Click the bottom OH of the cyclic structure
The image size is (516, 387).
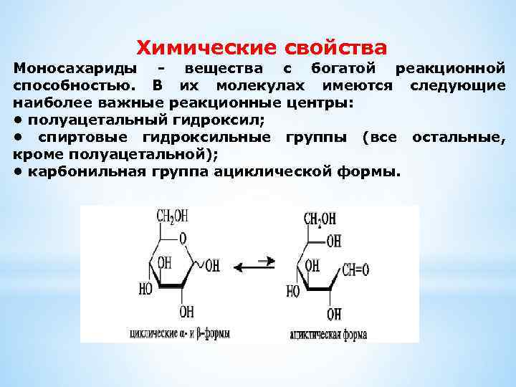coord(186,312)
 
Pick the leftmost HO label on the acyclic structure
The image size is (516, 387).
coord(293,292)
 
